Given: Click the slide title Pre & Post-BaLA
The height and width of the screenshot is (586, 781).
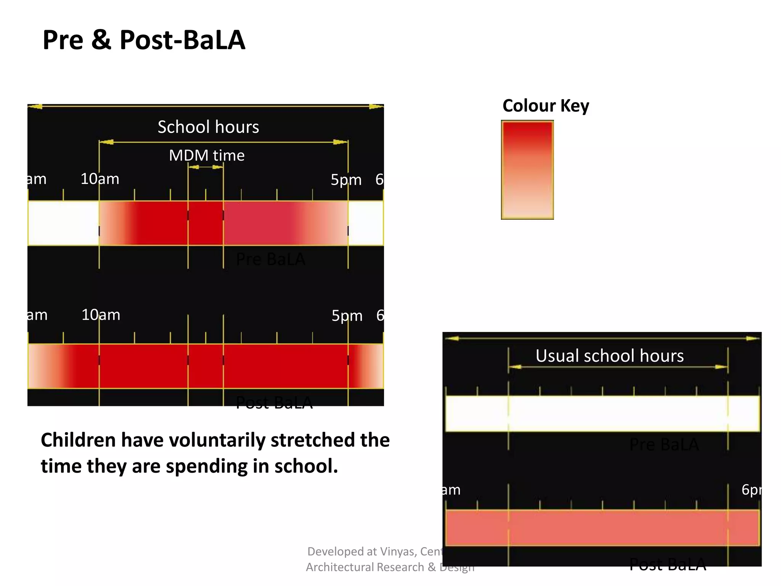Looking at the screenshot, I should (144, 40).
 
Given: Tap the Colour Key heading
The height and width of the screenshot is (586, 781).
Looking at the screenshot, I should (545, 106).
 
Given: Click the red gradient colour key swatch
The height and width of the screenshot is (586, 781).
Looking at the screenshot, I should (527, 170).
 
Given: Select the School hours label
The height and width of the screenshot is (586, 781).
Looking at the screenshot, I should (208, 127).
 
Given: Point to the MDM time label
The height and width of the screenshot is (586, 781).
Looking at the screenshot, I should (207, 155).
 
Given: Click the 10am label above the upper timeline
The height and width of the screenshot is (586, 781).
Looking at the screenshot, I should (100, 179).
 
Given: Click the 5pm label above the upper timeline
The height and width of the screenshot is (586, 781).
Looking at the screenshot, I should (346, 179).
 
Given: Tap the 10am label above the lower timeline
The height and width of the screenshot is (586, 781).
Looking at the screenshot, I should (101, 315).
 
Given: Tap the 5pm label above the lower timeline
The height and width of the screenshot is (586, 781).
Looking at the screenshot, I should (347, 316).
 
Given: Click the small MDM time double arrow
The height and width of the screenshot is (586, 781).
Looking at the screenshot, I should (206, 167).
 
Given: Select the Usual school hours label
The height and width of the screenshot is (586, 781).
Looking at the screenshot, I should (609, 356).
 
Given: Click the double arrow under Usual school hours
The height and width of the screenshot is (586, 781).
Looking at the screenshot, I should (618, 367).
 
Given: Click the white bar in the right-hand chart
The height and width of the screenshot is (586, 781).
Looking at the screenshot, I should (603, 414).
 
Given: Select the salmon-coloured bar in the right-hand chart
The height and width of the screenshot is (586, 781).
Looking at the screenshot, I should (603, 528).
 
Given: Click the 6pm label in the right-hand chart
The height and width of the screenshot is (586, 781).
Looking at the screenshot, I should (750, 489).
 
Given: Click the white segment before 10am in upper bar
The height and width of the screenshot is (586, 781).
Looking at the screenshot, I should (63, 223).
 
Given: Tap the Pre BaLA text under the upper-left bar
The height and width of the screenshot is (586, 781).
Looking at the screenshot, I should (270, 259).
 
